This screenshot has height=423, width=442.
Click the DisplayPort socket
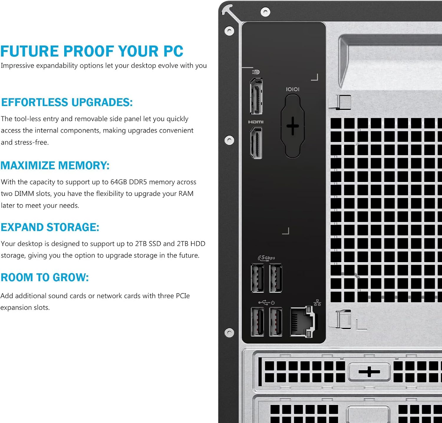[256, 96]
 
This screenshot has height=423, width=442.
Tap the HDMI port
[256, 143]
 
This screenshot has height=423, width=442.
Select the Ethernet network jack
[302, 322]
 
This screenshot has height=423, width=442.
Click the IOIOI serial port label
[293, 89]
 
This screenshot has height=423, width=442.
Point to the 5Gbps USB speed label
[267, 258]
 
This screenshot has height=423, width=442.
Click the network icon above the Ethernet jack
[317, 303]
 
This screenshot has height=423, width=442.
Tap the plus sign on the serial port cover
[293, 126]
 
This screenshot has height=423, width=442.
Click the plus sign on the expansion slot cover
[369, 372]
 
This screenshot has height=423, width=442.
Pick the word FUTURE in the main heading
[29, 51]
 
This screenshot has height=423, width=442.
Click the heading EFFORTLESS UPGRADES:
[67, 103]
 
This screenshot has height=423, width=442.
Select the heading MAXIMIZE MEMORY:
[55, 166]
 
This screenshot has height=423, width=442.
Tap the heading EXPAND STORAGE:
[50, 227]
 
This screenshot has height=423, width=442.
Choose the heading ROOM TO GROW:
[44, 277]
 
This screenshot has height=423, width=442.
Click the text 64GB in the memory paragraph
[118, 182]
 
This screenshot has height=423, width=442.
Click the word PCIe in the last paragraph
[183, 296]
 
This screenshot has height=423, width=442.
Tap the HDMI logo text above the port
[256, 122]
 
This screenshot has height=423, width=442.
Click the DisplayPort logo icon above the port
[256, 72]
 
